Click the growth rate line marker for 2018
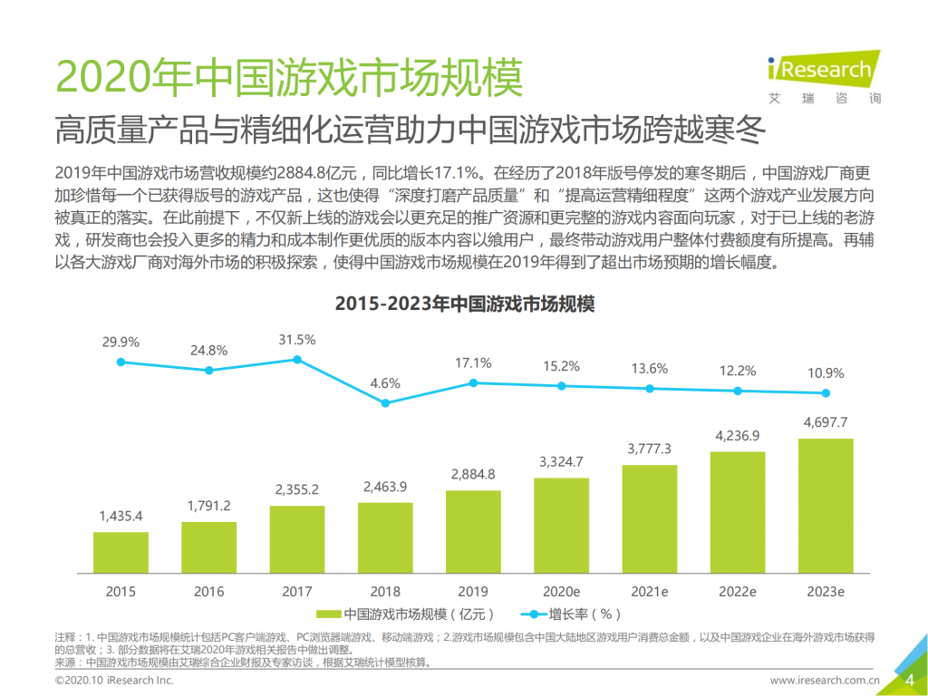tap(385, 402)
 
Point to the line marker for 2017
tap(297, 360)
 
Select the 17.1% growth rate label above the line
tap(473, 362)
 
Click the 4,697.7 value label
tap(826, 422)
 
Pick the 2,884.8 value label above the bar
tap(473, 474)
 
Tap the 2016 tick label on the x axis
tap(208, 591)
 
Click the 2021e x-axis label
tap(649, 591)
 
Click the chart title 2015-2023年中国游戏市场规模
tap(464, 304)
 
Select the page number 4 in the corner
tap(909, 681)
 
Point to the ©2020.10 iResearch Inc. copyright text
tap(114, 680)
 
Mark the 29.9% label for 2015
tap(121, 342)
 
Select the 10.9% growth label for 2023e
tap(826, 372)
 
